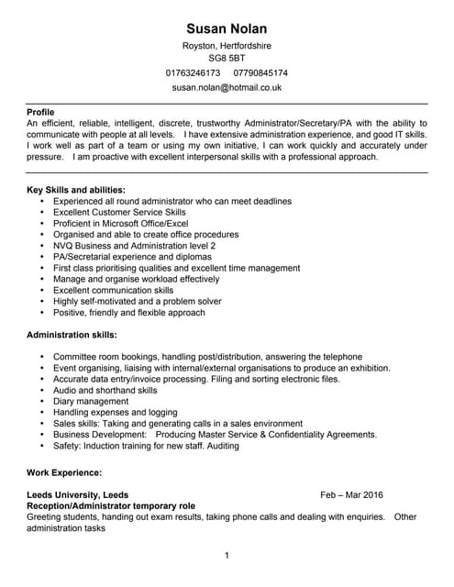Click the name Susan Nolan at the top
(x=227, y=28)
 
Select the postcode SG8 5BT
(x=227, y=58)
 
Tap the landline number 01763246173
(x=194, y=72)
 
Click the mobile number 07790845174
(x=260, y=72)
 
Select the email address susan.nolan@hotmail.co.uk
(x=227, y=87)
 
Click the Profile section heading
(x=41, y=111)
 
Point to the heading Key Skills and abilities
(x=76, y=189)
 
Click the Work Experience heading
(x=64, y=471)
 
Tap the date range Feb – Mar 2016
(x=352, y=494)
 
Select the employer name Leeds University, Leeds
(x=78, y=494)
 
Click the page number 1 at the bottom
(x=227, y=555)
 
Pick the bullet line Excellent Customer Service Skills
(x=119, y=212)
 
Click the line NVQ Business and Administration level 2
(x=134, y=246)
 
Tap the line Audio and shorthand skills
(x=105, y=390)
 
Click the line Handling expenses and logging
(x=115, y=413)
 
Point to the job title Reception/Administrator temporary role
(x=111, y=505)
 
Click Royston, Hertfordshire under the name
(x=227, y=45)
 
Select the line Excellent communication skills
(x=113, y=290)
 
